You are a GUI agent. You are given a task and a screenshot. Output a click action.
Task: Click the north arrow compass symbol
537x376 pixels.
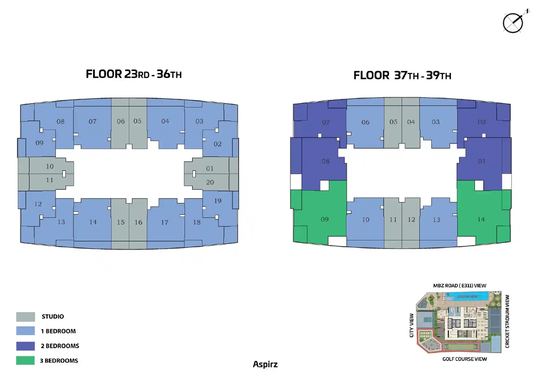[x=513, y=23]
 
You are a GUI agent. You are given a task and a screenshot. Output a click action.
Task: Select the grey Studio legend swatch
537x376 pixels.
[x=25, y=317]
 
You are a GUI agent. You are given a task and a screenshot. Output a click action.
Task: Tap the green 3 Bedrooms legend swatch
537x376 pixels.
[x=25, y=360]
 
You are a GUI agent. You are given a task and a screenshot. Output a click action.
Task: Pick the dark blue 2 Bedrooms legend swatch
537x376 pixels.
[x=25, y=346]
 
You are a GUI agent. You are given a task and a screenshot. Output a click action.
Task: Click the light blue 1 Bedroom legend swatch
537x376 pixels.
[x=25, y=331]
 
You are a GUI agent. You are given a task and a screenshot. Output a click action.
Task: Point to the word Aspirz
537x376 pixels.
[x=265, y=364]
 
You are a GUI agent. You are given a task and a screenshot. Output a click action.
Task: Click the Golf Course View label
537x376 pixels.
[x=464, y=359]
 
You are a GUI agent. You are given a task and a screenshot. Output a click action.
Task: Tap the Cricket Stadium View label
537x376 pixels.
[x=507, y=321]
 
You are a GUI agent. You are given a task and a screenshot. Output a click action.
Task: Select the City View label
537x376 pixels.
[x=412, y=325]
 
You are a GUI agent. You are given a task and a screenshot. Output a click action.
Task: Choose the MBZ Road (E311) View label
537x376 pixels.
[x=460, y=286]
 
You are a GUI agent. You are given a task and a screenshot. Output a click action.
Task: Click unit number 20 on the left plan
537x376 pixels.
[x=210, y=182]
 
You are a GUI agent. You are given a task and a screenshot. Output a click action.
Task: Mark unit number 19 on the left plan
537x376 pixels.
[x=218, y=201]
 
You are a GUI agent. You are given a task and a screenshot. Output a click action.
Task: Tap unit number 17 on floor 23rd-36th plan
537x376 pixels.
[x=165, y=223]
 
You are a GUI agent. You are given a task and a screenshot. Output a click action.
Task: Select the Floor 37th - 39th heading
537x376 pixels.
[x=402, y=75]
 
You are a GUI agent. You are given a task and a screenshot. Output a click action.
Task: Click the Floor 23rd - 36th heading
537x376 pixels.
[x=134, y=74]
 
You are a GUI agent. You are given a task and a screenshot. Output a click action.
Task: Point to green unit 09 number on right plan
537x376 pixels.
[x=325, y=219]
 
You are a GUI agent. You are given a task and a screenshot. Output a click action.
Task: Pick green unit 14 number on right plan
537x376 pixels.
[x=481, y=219]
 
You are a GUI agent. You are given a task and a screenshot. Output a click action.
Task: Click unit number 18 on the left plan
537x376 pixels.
[x=197, y=222]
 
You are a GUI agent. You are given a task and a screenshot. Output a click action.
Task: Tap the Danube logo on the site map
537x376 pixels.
[x=467, y=297]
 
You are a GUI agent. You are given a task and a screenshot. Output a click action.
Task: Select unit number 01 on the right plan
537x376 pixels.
[x=482, y=161]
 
